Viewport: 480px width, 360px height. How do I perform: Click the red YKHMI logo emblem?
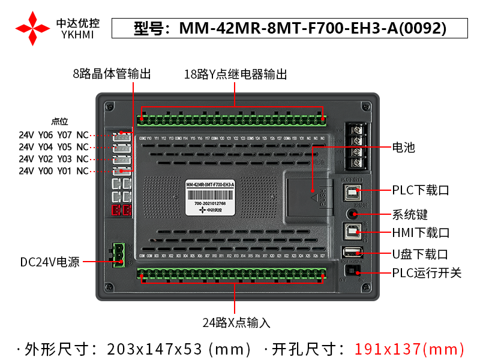click(x=32, y=28)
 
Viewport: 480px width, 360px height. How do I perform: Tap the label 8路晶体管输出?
click(x=112, y=74)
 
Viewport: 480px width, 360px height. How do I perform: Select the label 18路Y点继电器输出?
click(x=235, y=74)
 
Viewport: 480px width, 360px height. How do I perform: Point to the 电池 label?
click(x=404, y=147)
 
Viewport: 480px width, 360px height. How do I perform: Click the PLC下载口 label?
click(x=421, y=190)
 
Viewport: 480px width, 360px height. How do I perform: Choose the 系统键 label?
click(x=410, y=214)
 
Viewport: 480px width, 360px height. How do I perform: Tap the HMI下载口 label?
click(x=421, y=232)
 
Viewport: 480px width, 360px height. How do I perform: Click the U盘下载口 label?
click(x=421, y=254)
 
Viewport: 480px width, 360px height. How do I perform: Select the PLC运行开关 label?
click(x=427, y=273)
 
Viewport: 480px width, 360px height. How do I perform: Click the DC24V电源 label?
click(x=50, y=262)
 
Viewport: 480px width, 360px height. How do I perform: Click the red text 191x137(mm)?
click(x=409, y=349)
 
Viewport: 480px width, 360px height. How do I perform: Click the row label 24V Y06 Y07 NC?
click(x=53, y=135)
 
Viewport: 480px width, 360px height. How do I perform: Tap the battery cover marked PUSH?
click(x=308, y=195)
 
